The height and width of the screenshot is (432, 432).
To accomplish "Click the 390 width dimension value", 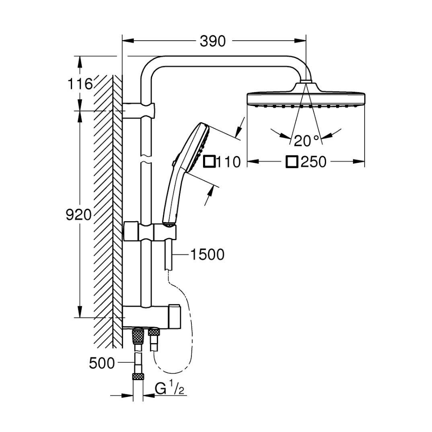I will click(x=213, y=41).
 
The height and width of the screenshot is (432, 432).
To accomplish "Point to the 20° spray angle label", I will click(x=306, y=140).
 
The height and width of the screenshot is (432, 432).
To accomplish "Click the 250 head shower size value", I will click(x=314, y=162).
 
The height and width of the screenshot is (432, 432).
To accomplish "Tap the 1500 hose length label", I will click(x=207, y=255).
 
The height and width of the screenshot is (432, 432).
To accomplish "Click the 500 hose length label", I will click(x=102, y=364).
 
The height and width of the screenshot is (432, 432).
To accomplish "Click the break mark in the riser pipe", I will click(x=146, y=159).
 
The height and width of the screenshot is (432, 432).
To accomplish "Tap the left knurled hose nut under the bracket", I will click(x=138, y=334).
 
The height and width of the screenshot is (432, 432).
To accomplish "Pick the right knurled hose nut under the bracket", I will click(x=154, y=333).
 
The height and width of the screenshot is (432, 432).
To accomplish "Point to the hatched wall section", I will click(x=106, y=207).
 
